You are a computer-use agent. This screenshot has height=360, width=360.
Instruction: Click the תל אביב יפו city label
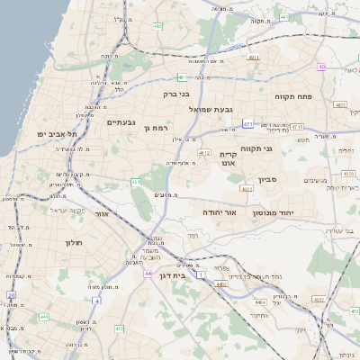point(55,134)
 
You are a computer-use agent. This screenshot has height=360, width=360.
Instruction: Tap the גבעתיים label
point(121,122)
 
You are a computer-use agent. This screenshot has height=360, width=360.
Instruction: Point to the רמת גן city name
point(156,129)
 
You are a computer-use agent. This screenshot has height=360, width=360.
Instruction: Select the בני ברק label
point(176,93)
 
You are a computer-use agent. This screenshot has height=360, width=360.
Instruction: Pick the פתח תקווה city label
point(293,95)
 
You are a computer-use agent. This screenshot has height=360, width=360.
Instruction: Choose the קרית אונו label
point(229,159)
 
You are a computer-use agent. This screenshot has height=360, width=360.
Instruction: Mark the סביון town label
point(269,180)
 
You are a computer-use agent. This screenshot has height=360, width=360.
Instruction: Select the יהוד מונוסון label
point(272,212)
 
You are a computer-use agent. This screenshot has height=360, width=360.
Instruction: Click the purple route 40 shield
point(321,67)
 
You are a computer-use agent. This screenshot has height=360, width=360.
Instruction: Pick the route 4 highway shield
point(96,300)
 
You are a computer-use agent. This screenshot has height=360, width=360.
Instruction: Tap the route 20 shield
point(11,294)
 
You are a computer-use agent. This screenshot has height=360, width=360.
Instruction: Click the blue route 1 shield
point(201,272)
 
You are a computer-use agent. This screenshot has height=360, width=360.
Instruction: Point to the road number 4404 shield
point(220,284)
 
